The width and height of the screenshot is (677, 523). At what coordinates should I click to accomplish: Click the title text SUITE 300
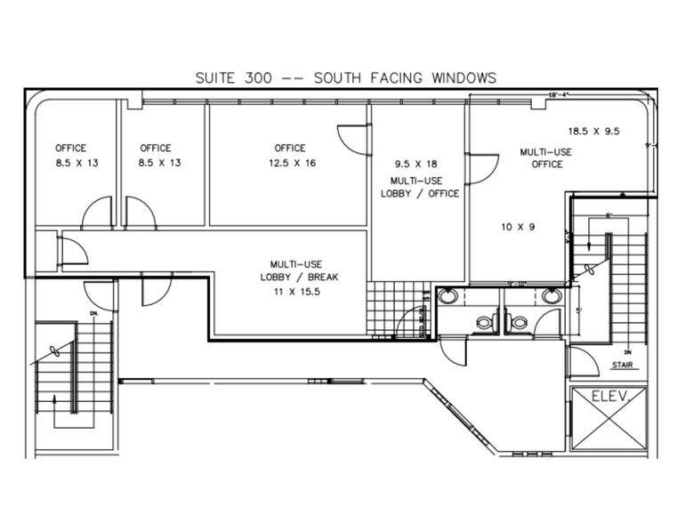[x=233, y=78]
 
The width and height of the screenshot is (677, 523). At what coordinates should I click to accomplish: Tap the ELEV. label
[x=610, y=400]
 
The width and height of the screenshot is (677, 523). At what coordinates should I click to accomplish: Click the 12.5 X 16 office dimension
[x=290, y=163]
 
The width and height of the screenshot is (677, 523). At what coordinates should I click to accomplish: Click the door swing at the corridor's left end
[x=72, y=250]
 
